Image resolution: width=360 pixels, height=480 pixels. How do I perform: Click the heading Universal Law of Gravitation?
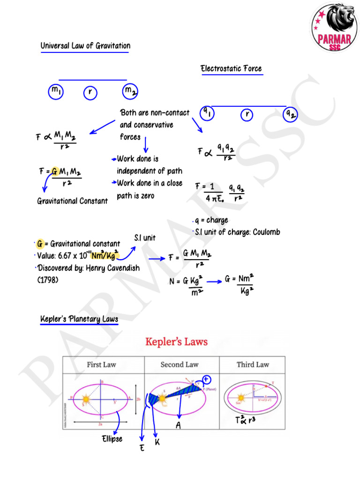(x=85, y=46)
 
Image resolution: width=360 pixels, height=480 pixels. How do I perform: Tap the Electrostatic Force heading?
(x=231, y=69)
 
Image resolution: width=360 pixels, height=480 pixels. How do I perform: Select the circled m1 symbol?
(x=56, y=92)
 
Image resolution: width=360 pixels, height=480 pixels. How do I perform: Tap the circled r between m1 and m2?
(x=90, y=93)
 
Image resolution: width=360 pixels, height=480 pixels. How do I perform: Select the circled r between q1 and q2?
(x=247, y=114)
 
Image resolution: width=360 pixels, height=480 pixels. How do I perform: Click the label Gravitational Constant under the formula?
(x=72, y=201)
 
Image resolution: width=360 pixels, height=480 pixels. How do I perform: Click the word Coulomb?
(x=266, y=232)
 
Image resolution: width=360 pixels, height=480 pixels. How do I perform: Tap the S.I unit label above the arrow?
(x=144, y=238)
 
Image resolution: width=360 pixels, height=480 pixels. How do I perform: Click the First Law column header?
(x=102, y=364)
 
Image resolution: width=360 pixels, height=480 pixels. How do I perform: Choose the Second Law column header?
(x=180, y=364)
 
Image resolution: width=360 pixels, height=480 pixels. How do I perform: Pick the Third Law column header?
(x=253, y=364)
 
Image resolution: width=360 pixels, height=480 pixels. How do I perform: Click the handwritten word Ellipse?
(x=112, y=439)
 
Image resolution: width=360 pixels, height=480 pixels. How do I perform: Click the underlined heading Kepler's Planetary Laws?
(x=79, y=319)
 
